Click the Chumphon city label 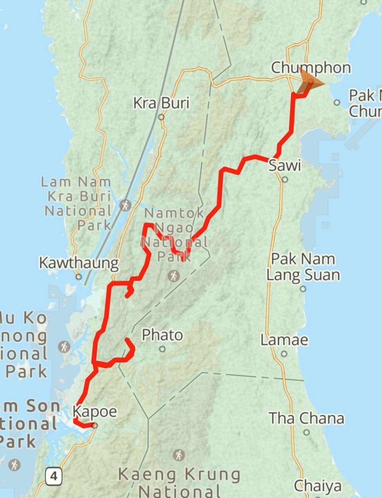coord(311,68)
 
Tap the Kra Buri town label coord(161,103)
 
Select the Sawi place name coord(284,166)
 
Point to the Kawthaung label coord(79,263)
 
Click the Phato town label coord(162,335)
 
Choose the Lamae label coord(284,340)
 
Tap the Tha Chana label coord(306,418)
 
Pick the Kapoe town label coord(95,412)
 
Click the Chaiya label coord(318,486)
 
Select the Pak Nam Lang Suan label coord(303,267)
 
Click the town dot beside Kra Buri coord(161,117)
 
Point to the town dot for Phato coord(162,349)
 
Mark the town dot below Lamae coord(284,354)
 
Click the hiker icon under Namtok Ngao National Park coord(174,275)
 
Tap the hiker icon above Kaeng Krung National coord(178,455)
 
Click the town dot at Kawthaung coord(79,277)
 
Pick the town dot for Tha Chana coord(306,432)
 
